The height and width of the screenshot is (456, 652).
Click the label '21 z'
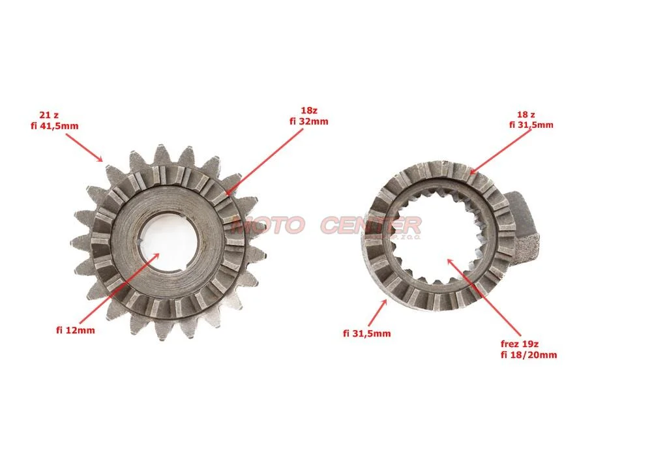point(49,115)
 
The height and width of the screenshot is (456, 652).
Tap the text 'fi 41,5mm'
point(55,126)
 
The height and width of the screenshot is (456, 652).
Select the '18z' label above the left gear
point(308,111)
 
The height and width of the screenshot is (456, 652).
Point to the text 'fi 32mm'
point(308,121)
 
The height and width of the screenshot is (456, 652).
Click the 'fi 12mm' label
point(75,330)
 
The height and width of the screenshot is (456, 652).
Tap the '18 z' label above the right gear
point(526,114)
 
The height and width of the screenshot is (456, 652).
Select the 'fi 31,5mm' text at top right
point(531,125)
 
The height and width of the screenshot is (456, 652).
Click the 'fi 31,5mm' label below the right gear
point(366,333)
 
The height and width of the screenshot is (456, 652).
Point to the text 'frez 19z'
point(520,344)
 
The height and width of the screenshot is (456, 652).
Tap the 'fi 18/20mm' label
point(529,355)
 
